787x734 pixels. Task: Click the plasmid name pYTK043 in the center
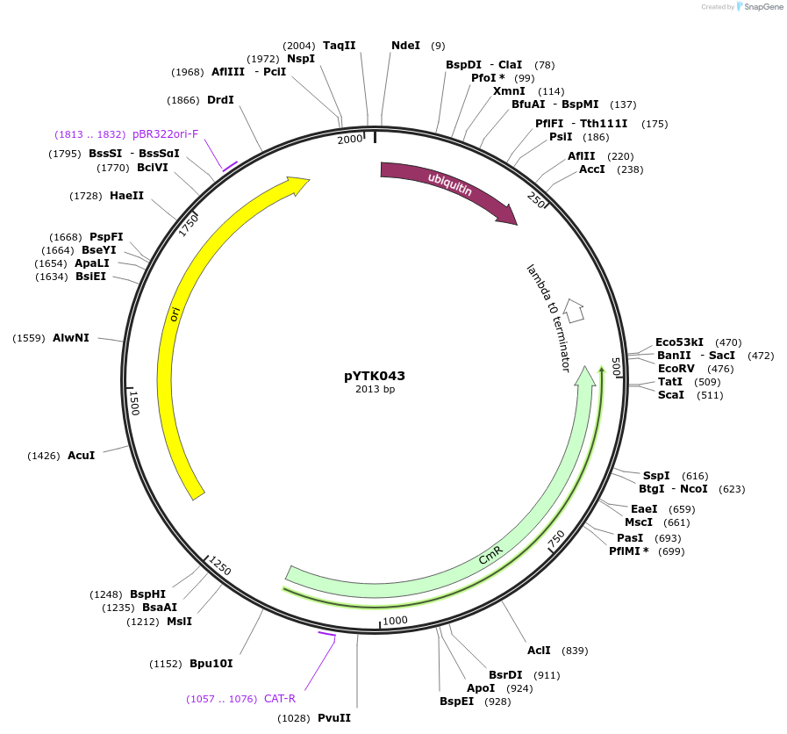pos(375,376)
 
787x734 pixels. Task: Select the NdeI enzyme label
pos(405,46)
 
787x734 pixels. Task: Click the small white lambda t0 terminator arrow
pos(574,310)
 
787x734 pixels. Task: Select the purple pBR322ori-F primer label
pos(166,134)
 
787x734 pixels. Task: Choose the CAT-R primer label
pos(280,699)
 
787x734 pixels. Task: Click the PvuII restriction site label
pos(334,718)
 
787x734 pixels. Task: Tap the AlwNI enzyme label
pos(71,338)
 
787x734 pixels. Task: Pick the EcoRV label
pos(676,369)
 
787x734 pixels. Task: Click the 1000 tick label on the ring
pos(396,620)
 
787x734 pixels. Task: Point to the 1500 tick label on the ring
pos(134,403)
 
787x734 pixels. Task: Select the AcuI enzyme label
pos(81,456)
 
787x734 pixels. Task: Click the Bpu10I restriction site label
pos(211,664)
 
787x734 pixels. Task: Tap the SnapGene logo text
pos(761,7)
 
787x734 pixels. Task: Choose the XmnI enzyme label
pos(509,91)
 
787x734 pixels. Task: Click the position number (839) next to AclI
pos(575,651)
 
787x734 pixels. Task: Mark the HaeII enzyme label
pos(126,196)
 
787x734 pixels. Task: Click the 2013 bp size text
pos(375,389)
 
